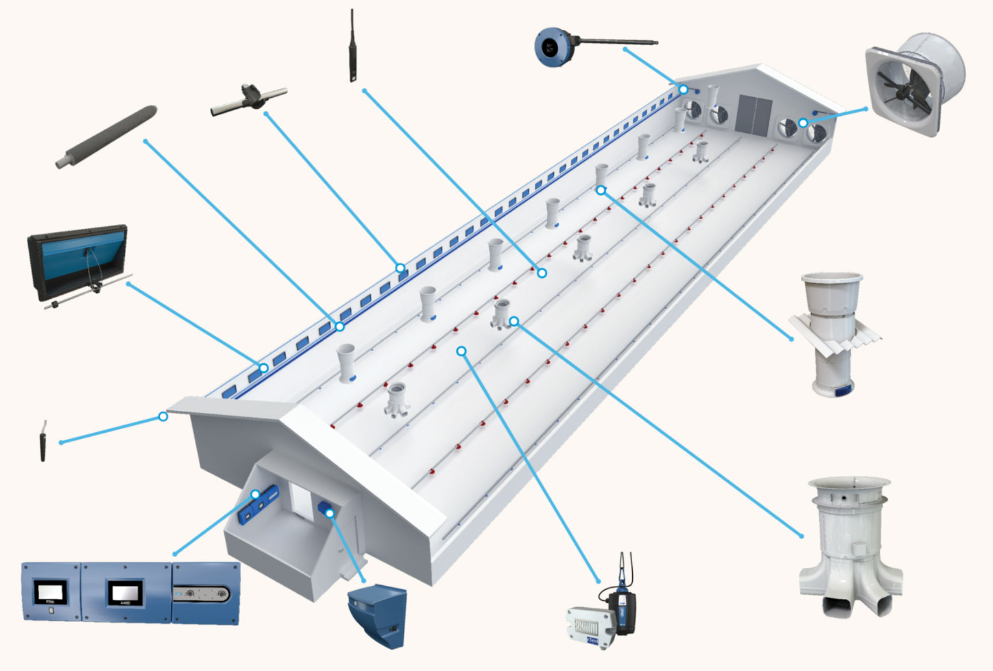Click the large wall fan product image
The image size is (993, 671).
coord(915,85)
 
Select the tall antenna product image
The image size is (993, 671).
coord(352,46)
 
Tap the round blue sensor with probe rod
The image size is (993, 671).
coord(553,46)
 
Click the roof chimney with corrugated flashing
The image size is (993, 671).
coord(833,334)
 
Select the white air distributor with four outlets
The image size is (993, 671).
coord(850,547)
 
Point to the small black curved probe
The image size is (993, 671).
coord(42,441)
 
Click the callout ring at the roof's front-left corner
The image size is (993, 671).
coord(163,416)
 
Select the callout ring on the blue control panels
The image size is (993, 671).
coord(255,494)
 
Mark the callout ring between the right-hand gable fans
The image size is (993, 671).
coord(803,123)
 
